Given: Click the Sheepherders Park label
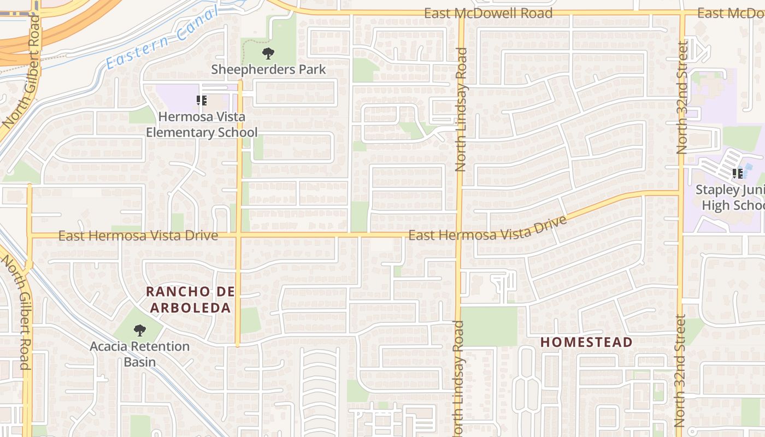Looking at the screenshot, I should coord(268,69).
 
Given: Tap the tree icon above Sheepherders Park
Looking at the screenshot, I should coord(268,54).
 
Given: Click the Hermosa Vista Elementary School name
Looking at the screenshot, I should coord(202,125).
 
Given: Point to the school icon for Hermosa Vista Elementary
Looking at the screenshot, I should coord(202,101).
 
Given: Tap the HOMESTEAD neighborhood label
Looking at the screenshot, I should coord(586,342).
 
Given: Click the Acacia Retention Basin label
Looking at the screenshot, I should coord(140,354).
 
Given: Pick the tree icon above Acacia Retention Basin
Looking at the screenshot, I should coord(140,330).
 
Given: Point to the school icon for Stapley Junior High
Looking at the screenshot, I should coord(738,174).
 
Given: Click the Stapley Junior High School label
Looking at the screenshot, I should coord(730,198).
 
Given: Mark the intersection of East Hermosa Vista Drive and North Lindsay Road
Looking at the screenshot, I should coord(459,235).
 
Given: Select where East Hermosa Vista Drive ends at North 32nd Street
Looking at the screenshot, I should coord(680,192).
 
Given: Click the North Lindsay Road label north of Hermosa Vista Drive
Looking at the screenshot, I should coord(461,109).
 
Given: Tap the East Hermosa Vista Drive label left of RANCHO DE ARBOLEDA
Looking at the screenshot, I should coord(138,236).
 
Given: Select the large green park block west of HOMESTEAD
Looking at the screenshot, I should coord(489,326).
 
